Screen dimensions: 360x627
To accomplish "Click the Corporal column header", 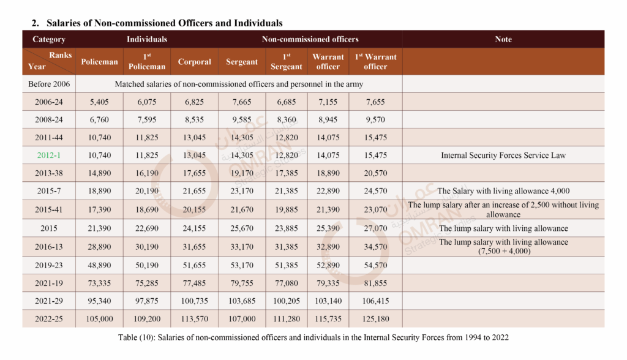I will coord(194,62).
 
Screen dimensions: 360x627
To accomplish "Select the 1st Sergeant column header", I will coord(286,62).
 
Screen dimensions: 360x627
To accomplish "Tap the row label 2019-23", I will coord(49,266).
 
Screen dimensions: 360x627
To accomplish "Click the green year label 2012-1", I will coord(49,155).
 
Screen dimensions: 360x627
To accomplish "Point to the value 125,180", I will coord(375,319).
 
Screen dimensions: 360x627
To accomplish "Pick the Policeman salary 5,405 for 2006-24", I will coord(99,102).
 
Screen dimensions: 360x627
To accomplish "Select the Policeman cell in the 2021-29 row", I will coord(99,301).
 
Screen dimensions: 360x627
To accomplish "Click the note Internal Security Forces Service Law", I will coord(503,155).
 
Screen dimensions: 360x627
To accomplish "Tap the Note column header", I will coord(503,39).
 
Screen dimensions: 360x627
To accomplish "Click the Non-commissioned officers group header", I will coord(310,39).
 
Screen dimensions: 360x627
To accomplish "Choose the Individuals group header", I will coord(147,39).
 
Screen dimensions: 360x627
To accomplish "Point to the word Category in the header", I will coord(49,39).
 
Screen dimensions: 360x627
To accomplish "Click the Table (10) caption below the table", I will coord(313,338).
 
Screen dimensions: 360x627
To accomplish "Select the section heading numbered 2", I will coord(157,23).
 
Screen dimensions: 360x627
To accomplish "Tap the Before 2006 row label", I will coord(49,83).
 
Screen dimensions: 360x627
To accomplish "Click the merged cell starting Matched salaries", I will coord(239,83).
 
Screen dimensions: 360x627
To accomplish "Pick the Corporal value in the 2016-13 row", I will coord(194,247).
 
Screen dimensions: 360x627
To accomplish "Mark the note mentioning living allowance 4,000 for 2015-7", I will coord(503,191).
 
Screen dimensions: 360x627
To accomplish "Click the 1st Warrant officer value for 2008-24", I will coord(375,119).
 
